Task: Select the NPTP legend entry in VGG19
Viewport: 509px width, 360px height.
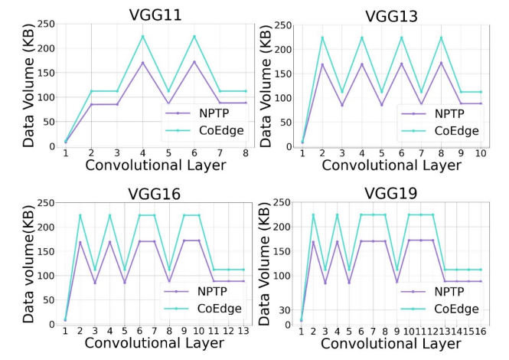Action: tap(452, 292)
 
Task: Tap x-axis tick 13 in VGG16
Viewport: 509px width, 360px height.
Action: tap(243, 331)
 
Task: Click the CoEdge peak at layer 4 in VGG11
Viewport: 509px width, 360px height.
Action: tap(142, 36)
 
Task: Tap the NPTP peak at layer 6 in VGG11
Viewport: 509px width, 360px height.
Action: tap(194, 62)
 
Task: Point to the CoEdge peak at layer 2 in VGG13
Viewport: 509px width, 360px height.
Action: tap(322, 37)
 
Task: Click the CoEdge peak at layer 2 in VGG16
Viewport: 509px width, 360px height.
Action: tap(80, 215)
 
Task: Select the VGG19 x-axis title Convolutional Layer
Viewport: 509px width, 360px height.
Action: tap(390, 344)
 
